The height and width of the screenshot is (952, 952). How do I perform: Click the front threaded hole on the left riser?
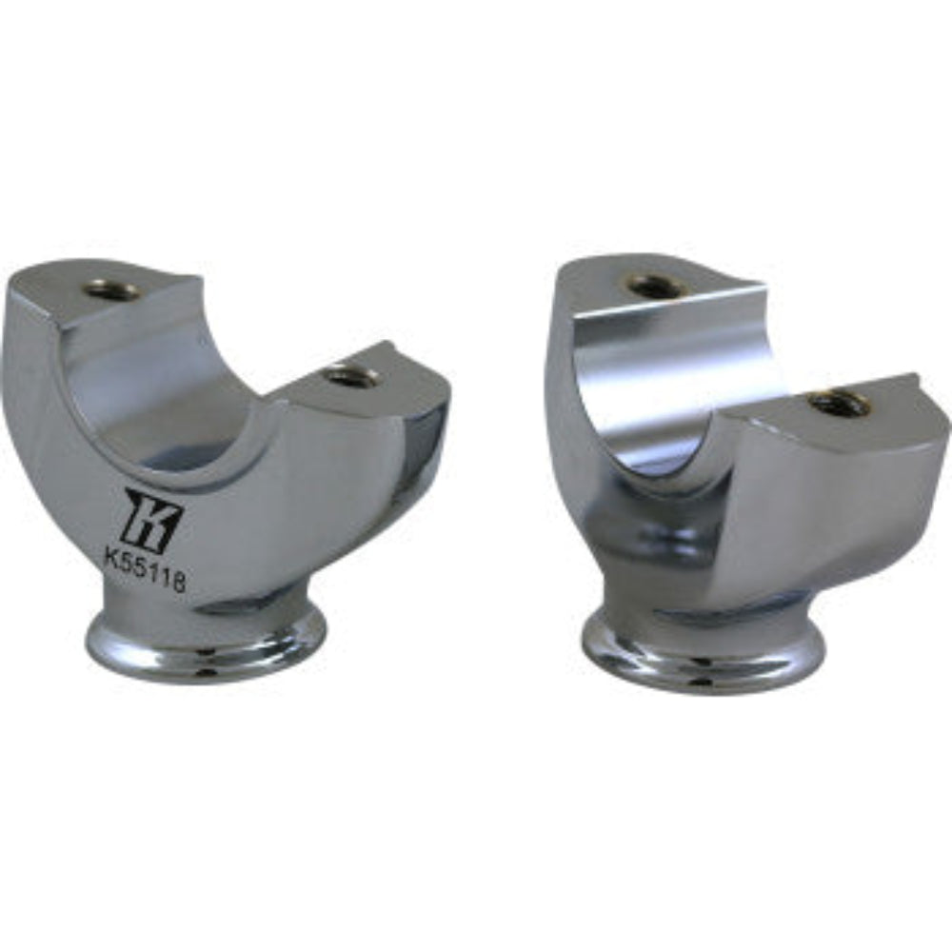(349, 375)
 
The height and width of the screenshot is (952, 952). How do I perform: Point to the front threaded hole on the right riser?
(838, 403)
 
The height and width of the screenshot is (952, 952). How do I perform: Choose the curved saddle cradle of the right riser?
(666, 381)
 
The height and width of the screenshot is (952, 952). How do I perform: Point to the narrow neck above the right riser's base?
(704, 609)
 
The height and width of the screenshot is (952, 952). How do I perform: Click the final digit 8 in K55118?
(177, 583)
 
